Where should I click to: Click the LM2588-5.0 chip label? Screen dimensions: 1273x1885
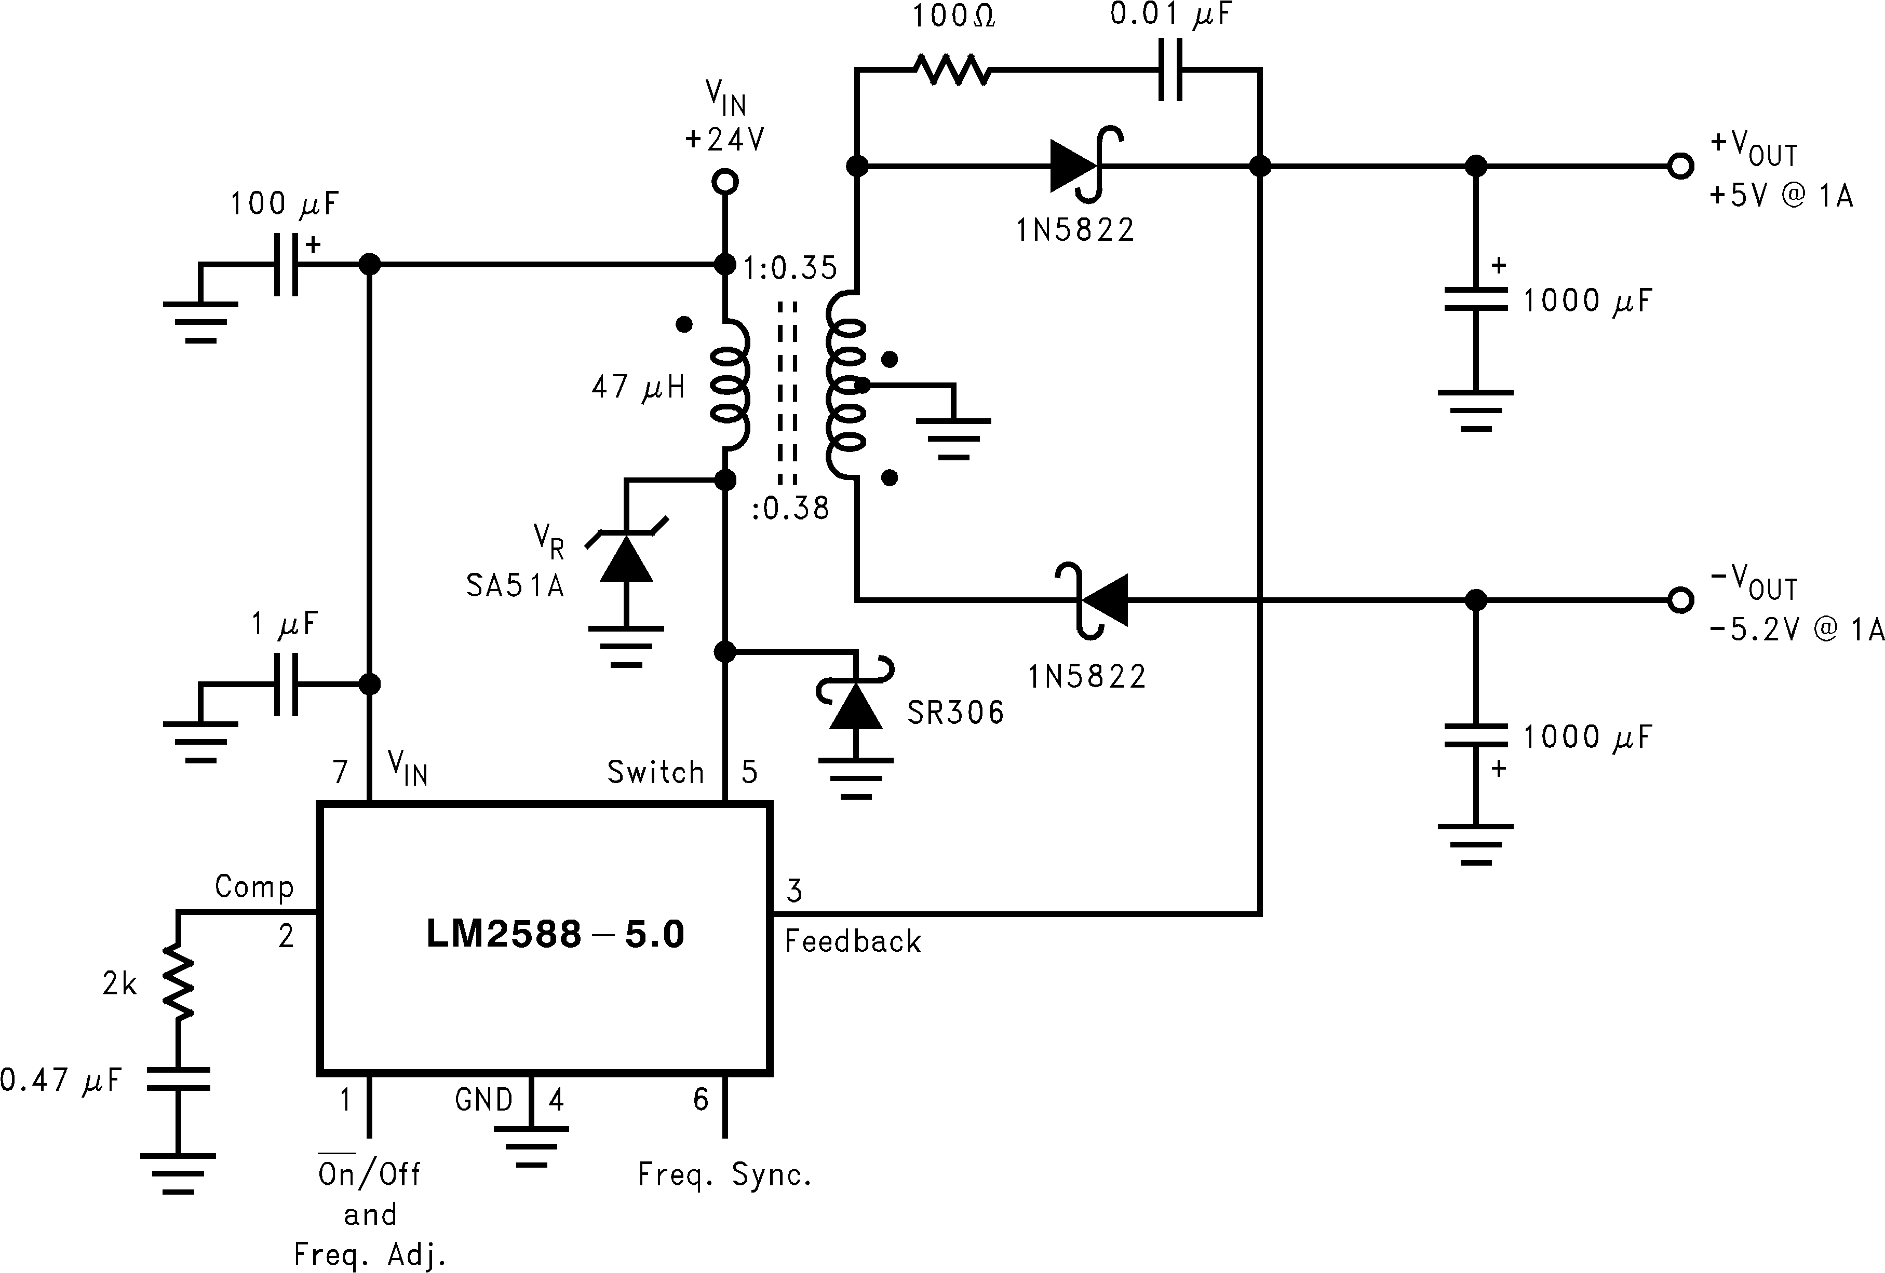coord(555,934)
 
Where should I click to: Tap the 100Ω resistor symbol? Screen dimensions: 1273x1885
coord(951,71)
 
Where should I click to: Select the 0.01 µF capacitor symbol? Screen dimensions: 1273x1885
coord(1169,71)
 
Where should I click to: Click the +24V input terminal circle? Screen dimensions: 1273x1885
coord(724,182)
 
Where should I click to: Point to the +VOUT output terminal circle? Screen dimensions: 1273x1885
coord(1680,166)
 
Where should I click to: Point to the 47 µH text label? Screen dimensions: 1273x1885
coord(638,388)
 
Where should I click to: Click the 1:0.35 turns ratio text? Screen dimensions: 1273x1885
coord(790,268)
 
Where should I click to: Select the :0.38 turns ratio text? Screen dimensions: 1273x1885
coord(790,509)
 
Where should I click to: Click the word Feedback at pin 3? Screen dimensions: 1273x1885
coord(853,941)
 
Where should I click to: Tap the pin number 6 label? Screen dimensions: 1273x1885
coord(701,1100)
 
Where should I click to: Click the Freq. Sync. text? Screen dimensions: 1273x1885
coord(724,1174)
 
